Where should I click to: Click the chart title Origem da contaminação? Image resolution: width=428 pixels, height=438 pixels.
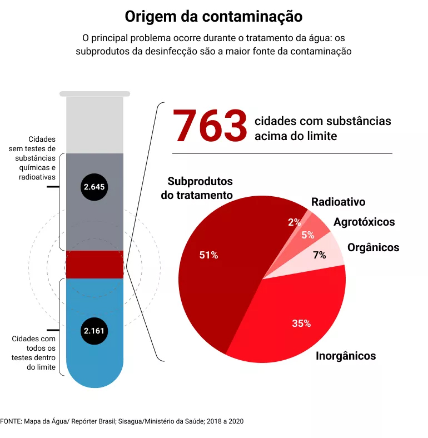tap(213, 17)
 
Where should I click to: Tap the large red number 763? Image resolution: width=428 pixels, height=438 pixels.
tap(210, 126)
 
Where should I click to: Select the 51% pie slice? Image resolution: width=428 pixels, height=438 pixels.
tap(222, 267)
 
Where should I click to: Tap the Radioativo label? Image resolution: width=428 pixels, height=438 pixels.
tap(338, 202)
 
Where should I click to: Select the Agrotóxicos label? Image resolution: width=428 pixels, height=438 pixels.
tap(364, 222)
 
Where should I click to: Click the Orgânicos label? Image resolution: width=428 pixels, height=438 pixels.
tap(373, 247)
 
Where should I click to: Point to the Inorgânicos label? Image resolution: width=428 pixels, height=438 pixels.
tap(346, 356)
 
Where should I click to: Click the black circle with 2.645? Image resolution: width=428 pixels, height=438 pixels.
tap(94, 187)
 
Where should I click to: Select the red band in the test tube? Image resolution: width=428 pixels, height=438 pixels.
tap(94, 264)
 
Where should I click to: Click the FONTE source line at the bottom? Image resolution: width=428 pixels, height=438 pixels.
tap(122, 421)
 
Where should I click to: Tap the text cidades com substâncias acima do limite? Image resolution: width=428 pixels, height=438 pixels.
tap(322, 128)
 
